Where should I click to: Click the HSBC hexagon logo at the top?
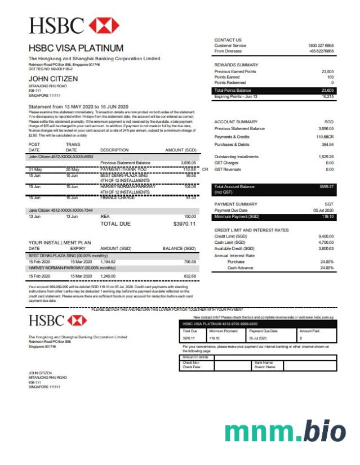click(x=104, y=25)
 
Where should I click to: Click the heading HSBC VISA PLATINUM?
click(x=75, y=48)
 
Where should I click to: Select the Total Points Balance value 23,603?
click(x=327, y=90)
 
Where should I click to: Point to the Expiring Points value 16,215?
click(x=327, y=96)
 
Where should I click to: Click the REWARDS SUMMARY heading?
click(x=236, y=65)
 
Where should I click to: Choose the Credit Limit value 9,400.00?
click(x=326, y=236)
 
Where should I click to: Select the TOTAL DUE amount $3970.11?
click(x=184, y=224)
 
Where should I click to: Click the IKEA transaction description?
click(x=105, y=216)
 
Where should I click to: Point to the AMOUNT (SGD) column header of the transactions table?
click(x=180, y=150)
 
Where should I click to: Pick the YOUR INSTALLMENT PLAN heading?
click(x=59, y=242)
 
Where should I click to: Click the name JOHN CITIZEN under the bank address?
click(x=53, y=79)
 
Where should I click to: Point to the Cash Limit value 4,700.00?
click(x=326, y=243)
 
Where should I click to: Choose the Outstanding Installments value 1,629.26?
click(x=326, y=157)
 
